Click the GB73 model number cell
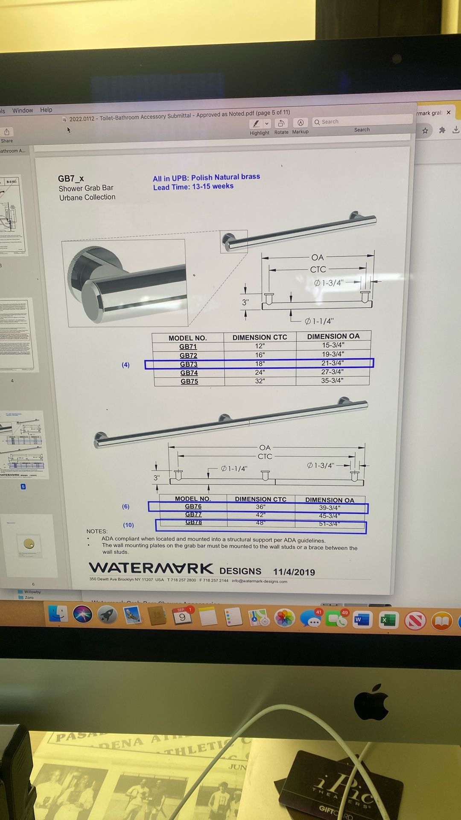[x=188, y=364]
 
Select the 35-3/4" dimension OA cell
[x=332, y=381]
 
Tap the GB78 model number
[x=193, y=522]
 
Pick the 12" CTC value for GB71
[x=260, y=346]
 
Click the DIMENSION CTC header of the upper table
[x=260, y=337]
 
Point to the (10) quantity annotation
[x=128, y=525]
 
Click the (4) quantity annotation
[x=125, y=365]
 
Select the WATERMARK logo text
[x=151, y=568]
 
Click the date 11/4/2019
[x=294, y=572]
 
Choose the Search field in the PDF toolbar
[x=362, y=122]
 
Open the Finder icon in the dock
[x=58, y=615]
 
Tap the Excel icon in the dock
[x=388, y=620]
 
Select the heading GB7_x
[x=71, y=179]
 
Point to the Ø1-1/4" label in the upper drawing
[x=319, y=321]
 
